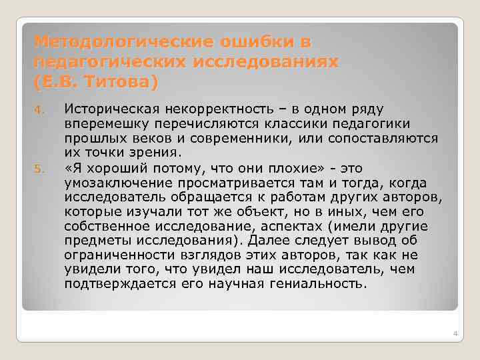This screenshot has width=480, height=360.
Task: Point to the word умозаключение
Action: pyautogui.click(x=107, y=182)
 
